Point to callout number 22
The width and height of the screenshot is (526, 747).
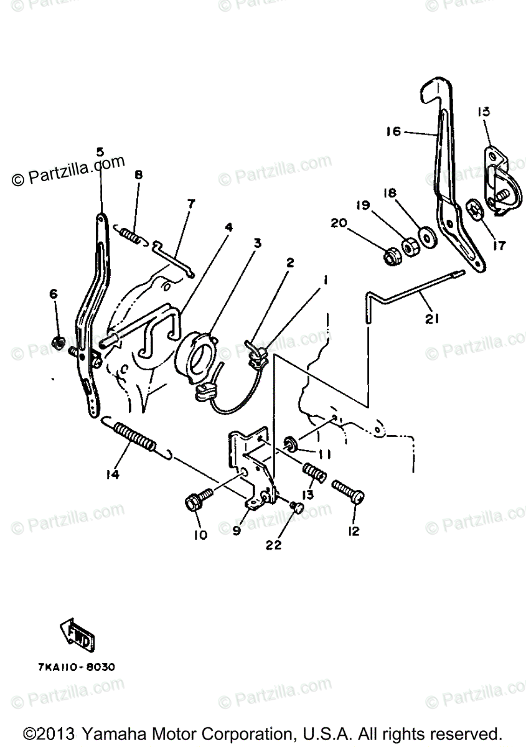click(x=274, y=545)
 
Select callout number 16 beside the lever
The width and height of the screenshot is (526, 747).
click(x=393, y=131)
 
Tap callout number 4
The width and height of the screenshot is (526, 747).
click(x=228, y=227)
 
